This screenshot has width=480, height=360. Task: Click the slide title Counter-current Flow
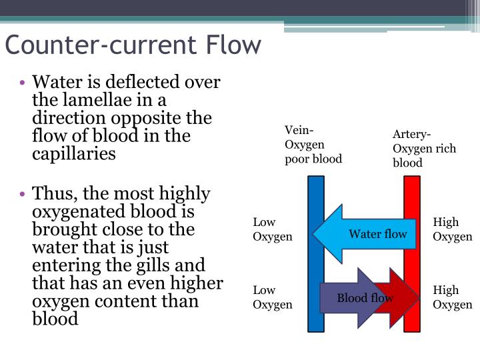pyautogui.click(x=133, y=45)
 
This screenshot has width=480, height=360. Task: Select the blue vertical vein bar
pyautogui.click(x=316, y=200)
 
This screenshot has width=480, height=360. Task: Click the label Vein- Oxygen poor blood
pyautogui.click(x=313, y=144)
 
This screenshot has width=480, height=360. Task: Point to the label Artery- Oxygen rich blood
pyautogui.click(x=424, y=149)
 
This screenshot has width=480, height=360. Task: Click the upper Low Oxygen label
pyautogui.click(x=273, y=229)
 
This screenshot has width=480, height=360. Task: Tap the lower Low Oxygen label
pyautogui.click(x=273, y=297)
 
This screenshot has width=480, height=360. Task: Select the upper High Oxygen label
pyautogui.click(x=453, y=229)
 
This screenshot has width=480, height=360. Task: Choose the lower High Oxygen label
pyautogui.click(x=453, y=297)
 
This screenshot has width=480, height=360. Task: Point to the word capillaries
pyautogui.click(x=74, y=153)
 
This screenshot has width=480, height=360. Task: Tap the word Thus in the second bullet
pyautogui.click(x=51, y=194)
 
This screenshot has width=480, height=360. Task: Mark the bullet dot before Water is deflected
pyautogui.click(x=23, y=83)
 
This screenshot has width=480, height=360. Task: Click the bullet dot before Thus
pyautogui.click(x=23, y=195)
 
